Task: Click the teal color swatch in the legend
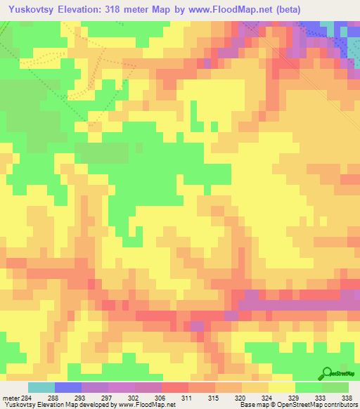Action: coord(41,387)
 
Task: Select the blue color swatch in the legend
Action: coord(68,387)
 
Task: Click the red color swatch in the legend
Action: coord(175,387)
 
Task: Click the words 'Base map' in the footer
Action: coord(250,404)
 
